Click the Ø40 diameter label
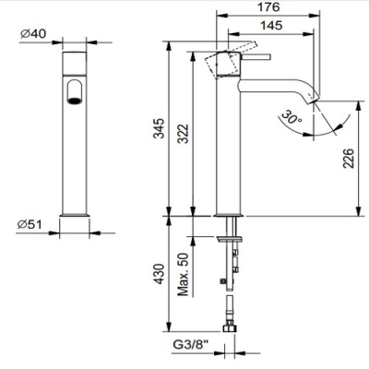tap(33, 33)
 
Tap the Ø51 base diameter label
tap(30, 225)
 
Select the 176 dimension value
tap(268, 6)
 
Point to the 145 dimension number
tap(271, 25)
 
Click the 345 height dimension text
tap(159, 128)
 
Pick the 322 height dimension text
tap(184, 134)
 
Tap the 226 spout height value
tap(349, 158)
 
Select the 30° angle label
tap(292, 117)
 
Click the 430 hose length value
tap(159, 273)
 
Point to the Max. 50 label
tap(183, 274)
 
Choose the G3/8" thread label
tap(191, 345)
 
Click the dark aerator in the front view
tap(75, 101)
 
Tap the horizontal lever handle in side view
tap(256, 56)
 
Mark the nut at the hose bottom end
tap(230, 327)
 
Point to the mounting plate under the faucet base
tap(230, 239)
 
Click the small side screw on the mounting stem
tap(223, 281)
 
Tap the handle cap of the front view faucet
tap(75, 64)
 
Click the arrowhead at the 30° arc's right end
tap(339, 126)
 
